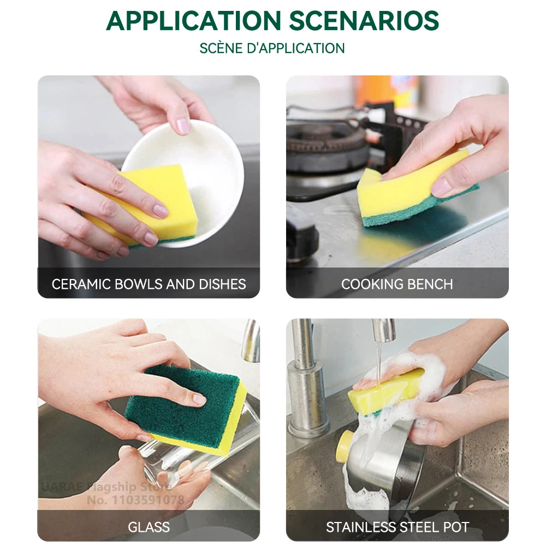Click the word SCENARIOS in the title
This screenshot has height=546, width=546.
[x=364, y=21]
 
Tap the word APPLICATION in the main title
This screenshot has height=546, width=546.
[x=193, y=21]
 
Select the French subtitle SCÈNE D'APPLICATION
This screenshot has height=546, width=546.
[x=272, y=48]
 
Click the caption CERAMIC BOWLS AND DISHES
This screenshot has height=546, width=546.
[x=149, y=284]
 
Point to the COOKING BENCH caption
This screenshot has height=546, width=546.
[x=397, y=284]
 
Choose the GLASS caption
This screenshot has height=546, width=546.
[x=149, y=527]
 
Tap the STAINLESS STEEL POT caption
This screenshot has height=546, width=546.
[x=397, y=527]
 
